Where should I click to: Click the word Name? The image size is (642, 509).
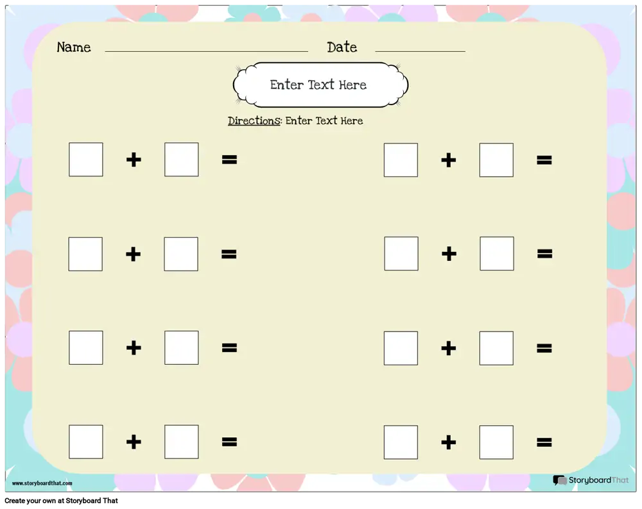tap(74, 47)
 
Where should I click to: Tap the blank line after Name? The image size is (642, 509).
tap(206, 51)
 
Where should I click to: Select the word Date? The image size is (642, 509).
tap(342, 47)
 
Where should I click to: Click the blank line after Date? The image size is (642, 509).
tap(420, 51)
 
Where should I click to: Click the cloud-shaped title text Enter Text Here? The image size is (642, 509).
tap(318, 85)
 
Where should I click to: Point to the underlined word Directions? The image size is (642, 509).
tap(254, 121)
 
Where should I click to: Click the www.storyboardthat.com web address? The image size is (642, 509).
tap(42, 483)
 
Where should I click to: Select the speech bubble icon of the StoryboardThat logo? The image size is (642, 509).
tap(560, 480)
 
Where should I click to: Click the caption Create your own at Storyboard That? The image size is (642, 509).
tap(61, 501)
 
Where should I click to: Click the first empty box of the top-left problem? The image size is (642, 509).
tap(86, 160)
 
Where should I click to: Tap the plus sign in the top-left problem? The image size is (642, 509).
tap(134, 160)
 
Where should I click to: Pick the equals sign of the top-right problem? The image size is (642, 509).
tap(544, 160)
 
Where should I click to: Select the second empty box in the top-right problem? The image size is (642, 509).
tap(497, 160)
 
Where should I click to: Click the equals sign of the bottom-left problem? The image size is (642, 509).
tap(229, 442)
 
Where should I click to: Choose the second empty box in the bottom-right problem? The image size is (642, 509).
tap(497, 442)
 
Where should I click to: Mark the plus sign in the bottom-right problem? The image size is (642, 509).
tap(448, 442)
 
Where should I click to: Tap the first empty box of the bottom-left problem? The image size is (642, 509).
tap(86, 442)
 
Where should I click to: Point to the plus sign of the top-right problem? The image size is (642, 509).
tap(448, 160)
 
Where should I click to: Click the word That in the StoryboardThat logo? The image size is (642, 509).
tap(620, 480)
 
